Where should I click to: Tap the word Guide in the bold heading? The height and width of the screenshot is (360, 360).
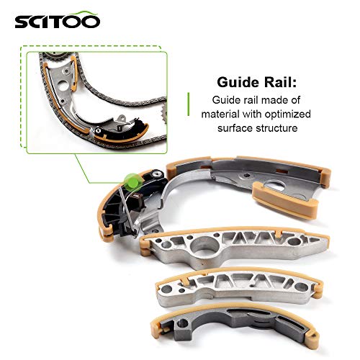coord(238,82)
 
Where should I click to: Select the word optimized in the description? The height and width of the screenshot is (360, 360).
coord(287,114)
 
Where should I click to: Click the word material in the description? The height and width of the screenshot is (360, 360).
coord(221,114)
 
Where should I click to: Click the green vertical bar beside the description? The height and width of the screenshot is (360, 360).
coord(189,104)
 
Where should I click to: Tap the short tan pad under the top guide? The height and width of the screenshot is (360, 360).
coord(286,199)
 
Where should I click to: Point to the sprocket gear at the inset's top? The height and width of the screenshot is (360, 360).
coord(55,58)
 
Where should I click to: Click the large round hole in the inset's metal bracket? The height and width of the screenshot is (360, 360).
coord(63,86)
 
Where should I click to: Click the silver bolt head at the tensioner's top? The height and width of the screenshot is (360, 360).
coord(157,174)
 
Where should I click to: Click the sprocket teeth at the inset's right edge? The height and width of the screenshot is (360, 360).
coord(164,114)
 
